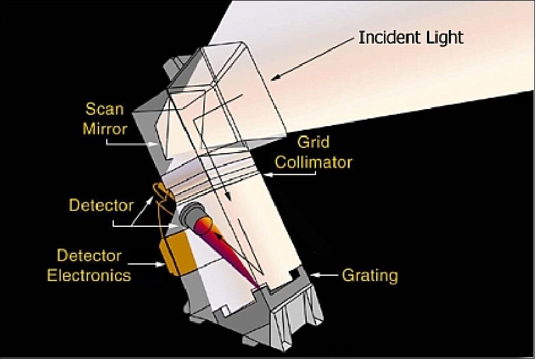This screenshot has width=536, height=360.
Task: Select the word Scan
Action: pyautogui.click(x=106, y=109)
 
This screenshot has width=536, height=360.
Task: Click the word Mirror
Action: pyautogui.click(x=106, y=127)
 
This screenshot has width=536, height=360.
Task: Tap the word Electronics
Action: pyautogui.click(x=94, y=274)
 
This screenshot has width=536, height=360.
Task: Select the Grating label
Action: pyautogui.click(x=370, y=275)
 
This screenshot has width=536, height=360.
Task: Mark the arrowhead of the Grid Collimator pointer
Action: pyautogui.click(x=263, y=175)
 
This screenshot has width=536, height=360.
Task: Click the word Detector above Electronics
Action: pyautogui.click(x=89, y=256)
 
